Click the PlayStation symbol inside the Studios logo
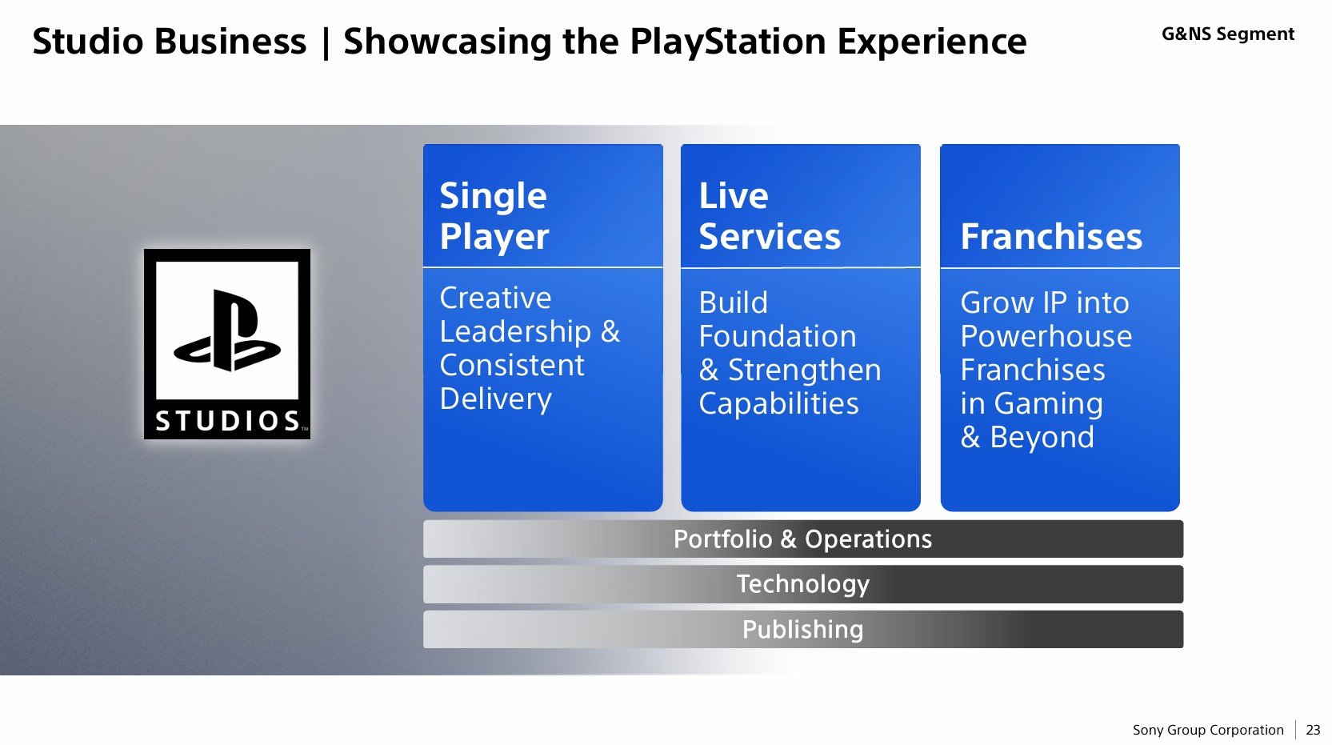pos(226,330)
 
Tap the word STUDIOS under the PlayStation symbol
pos(227,421)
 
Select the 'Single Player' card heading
pos(494,216)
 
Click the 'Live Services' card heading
pos(770,216)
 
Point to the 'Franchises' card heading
pos(1050,237)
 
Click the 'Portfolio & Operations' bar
pos(802,539)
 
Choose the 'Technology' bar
pos(802,584)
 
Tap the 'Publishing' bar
pos(802,629)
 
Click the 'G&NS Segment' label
pos(1228,34)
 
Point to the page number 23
pos(1313,730)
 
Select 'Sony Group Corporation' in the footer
pos(1208,730)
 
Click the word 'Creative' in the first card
pos(495,298)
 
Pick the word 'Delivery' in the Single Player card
pos(496,399)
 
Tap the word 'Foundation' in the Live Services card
pos(777,336)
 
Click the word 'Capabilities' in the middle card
pos(778,404)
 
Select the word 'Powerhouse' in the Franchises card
pos(1046,336)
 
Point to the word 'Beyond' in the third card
pos(1042,437)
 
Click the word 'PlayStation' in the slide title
pos(728,42)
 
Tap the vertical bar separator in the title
pos(326,42)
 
